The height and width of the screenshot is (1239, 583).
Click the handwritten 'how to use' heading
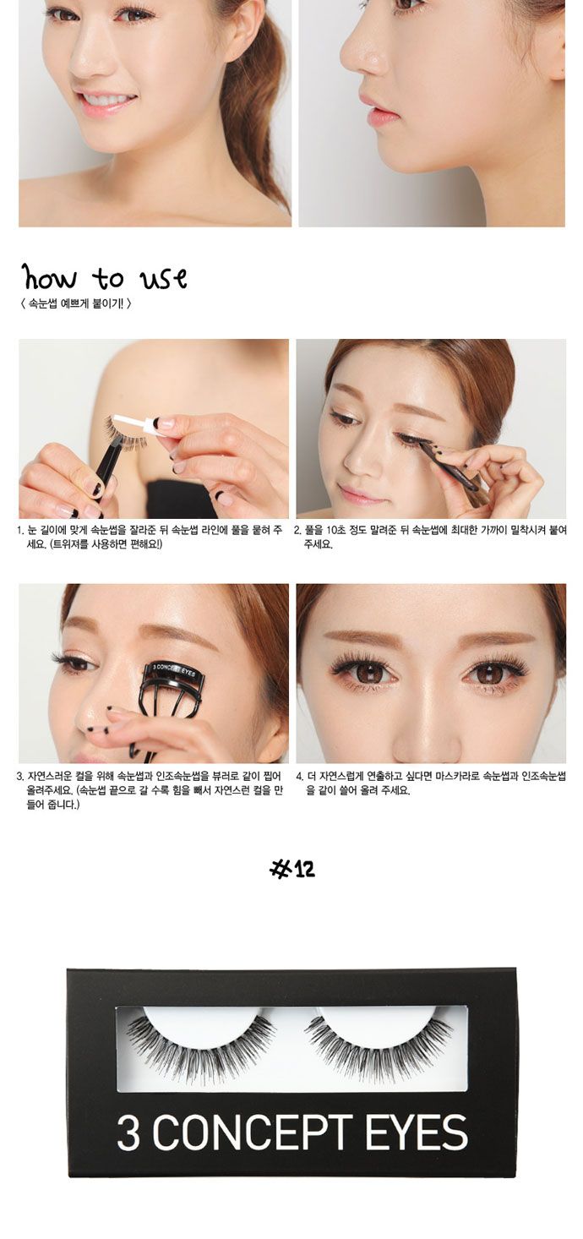(x=105, y=277)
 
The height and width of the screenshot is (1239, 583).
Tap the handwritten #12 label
(x=291, y=869)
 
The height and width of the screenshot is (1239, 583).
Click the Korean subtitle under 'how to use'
(x=76, y=303)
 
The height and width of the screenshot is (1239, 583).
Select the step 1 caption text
(x=150, y=537)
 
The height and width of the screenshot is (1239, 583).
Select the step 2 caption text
(x=430, y=537)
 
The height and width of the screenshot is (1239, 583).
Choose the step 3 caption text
(x=150, y=790)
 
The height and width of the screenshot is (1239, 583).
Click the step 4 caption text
(x=430, y=783)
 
